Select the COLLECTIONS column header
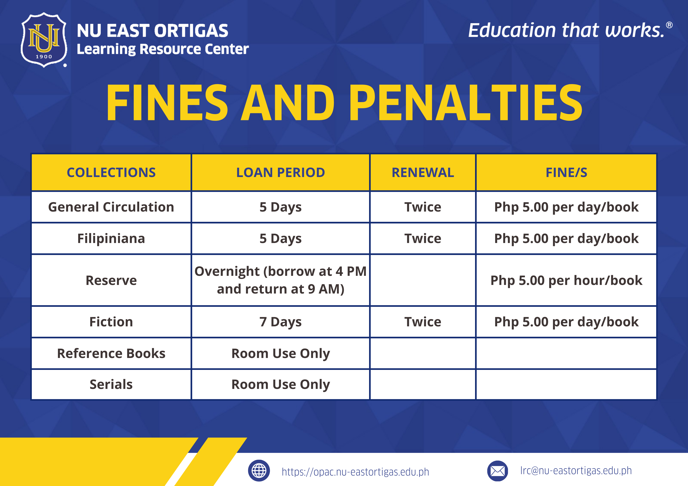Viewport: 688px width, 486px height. [x=111, y=173]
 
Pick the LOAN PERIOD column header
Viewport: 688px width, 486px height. [x=281, y=173]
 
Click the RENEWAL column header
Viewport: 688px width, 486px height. [x=423, y=173]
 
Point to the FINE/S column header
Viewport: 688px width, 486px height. [x=566, y=173]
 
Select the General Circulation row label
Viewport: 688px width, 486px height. [x=111, y=207]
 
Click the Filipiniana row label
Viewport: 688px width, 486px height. [x=111, y=238]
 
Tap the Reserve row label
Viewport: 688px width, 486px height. [x=111, y=280]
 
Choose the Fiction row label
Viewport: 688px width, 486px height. [x=111, y=322]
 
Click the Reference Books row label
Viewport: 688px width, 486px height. [x=111, y=353]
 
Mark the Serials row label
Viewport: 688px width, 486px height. [x=111, y=384]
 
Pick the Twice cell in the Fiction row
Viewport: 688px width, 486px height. [x=423, y=322]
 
